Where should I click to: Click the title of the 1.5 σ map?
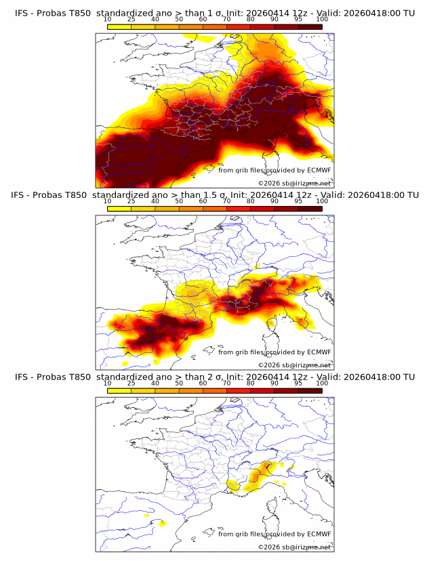click(214, 195)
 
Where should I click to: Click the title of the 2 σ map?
click(214, 377)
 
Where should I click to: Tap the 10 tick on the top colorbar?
click(108, 19)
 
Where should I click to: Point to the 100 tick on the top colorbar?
click(322, 19)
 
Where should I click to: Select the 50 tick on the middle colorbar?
click(179, 201)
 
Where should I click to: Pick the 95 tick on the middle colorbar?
click(298, 201)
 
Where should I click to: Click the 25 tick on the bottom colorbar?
click(131, 383)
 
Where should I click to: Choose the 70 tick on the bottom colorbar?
click(227, 383)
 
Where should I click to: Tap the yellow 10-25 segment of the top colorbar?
click(119, 26)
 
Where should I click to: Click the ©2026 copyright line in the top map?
click(294, 183)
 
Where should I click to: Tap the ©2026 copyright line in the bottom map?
click(294, 547)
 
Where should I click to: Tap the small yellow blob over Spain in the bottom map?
click(162, 523)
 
